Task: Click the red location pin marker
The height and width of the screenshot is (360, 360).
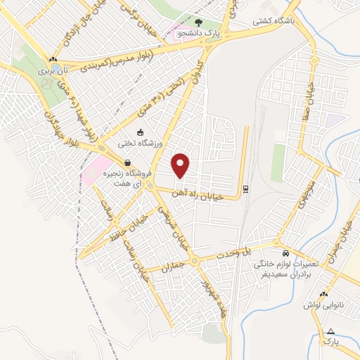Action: [x=181, y=165]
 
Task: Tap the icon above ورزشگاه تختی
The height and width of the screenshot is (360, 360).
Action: [x=141, y=132]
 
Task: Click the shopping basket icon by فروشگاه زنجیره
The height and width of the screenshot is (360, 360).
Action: [x=127, y=162]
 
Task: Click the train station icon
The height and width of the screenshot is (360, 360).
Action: [x=245, y=188]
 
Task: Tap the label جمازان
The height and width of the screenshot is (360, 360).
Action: [x=172, y=267]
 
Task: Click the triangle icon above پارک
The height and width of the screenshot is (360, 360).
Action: [x=331, y=330]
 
